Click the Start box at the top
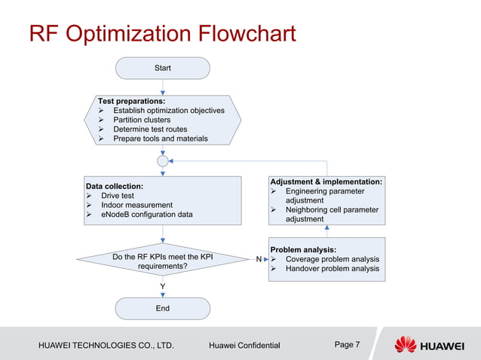click(x=162, y=68)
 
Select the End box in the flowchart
click(x=162, y=308)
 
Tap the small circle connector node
click(x=162, y=160)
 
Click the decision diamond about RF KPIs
click(x=162, y=261)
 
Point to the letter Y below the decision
click(x=162, y=287)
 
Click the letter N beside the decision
click(x=259, y=258)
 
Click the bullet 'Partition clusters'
click(x=142, y=120)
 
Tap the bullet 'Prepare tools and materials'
click(x=160, y=139)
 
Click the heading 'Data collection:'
click(x=115, y=186)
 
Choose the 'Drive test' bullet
click(x=117, y=196)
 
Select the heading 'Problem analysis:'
click(x=303, y=249)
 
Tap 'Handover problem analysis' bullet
click(x=332, y=269)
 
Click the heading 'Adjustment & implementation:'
click(x=326, y=182)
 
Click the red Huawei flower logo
click(x=405, y=345)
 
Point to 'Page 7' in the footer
click(x=347, y=345)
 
